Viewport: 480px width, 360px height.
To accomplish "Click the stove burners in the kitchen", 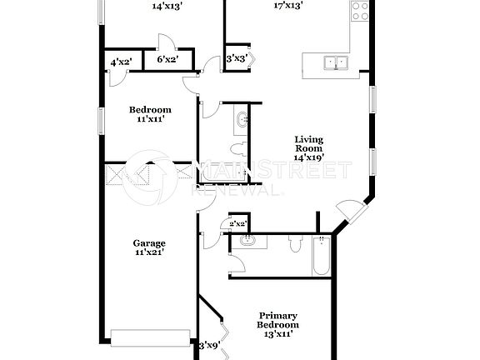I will click(360, 11).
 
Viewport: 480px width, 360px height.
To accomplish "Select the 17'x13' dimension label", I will click(288, 5).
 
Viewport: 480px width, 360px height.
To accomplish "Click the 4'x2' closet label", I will click(122, 61).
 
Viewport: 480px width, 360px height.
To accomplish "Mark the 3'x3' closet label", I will click(237, 59).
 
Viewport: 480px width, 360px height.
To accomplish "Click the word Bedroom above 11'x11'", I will click(150, 109).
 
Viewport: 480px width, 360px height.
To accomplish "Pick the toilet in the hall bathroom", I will click(239, 150).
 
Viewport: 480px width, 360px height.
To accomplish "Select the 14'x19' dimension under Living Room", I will click(307, 157).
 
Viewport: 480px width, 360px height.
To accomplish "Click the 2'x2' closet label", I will click(237, 223).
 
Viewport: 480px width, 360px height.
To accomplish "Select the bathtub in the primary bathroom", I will click(322, 257).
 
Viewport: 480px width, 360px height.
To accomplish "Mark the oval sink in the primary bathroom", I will click(247, 242).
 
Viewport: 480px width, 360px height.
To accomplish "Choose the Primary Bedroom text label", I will click(278, 320).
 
